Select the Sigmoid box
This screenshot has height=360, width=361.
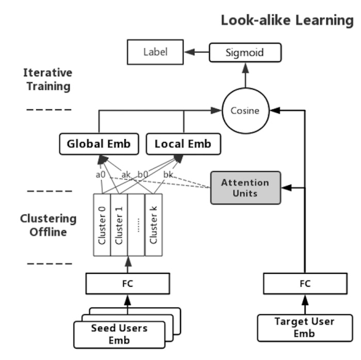245,53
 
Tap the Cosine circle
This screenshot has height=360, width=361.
245,110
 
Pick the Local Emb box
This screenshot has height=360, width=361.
183,144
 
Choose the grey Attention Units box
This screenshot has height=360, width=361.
245,188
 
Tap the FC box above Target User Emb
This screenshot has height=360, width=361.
304,283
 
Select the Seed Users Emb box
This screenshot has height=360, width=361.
119,334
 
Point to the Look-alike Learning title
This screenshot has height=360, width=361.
287,21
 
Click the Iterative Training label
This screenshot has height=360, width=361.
47,79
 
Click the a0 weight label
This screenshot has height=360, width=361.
101,174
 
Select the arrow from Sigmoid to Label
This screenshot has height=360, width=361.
198,52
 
